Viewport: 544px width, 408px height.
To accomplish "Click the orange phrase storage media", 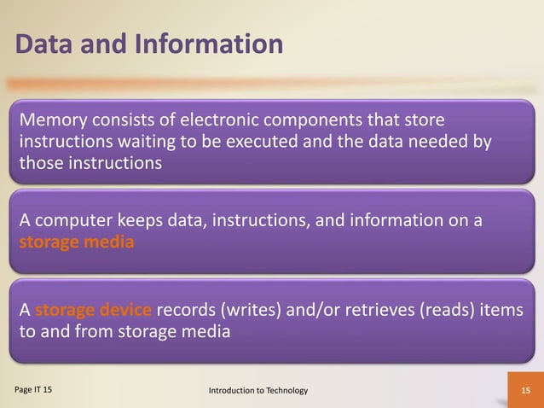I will point(76,242).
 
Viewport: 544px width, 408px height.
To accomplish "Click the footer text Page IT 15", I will point(32,389).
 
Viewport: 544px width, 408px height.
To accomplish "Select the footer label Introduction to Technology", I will point(258,390).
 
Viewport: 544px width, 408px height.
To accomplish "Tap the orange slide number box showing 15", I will point(525,390).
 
